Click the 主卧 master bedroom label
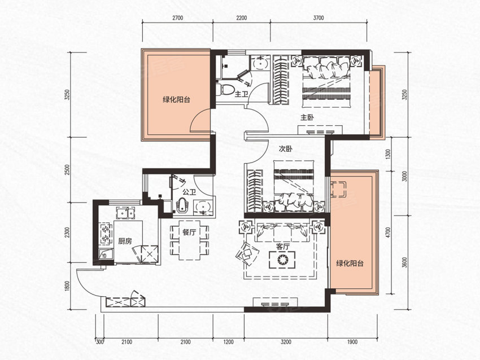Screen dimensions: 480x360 (x=307, y=117)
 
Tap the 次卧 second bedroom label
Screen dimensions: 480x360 (x=285, y=149)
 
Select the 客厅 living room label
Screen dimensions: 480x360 (x=282, y=247)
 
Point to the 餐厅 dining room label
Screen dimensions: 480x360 (x=189, y=232)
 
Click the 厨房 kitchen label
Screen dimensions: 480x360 (x=125, y=241)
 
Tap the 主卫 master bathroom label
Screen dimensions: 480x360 (x=241, y=94)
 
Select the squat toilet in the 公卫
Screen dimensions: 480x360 (x=182, y=205)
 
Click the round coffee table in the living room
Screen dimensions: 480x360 (x=282, y=260)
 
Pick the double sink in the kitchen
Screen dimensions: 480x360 (x=125, y=213)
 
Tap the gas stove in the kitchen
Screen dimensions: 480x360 (x=106, y=233)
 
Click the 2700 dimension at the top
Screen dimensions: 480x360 (x=177, y=18)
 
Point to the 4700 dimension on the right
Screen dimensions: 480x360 (x=396, y=233)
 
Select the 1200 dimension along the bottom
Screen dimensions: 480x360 (x=228, y=342)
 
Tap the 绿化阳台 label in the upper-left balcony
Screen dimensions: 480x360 (x=176, y=99)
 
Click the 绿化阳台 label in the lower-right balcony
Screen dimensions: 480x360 (x=350, y=263)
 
